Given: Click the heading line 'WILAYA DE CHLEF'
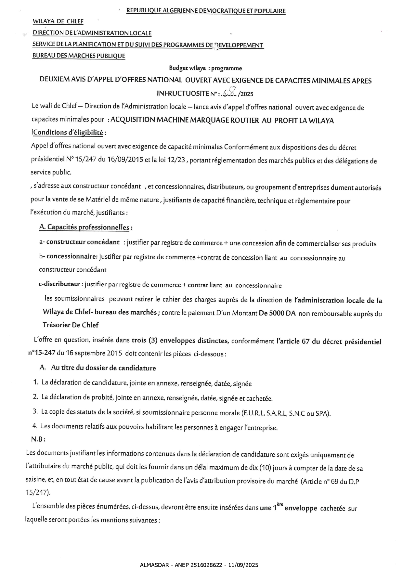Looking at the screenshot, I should pos(58,22).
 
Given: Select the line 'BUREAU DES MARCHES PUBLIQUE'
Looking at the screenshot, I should pos(79,56).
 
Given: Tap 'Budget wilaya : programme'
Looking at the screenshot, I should pos(205,68).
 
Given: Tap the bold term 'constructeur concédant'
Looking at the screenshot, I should pos(83,242).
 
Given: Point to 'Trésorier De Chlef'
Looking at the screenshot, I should pos(71,325).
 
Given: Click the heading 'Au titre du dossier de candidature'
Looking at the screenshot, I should pos(103,368).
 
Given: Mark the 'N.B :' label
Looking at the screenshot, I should pos(38,439).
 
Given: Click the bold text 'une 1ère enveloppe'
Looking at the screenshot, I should pos(288,508).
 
